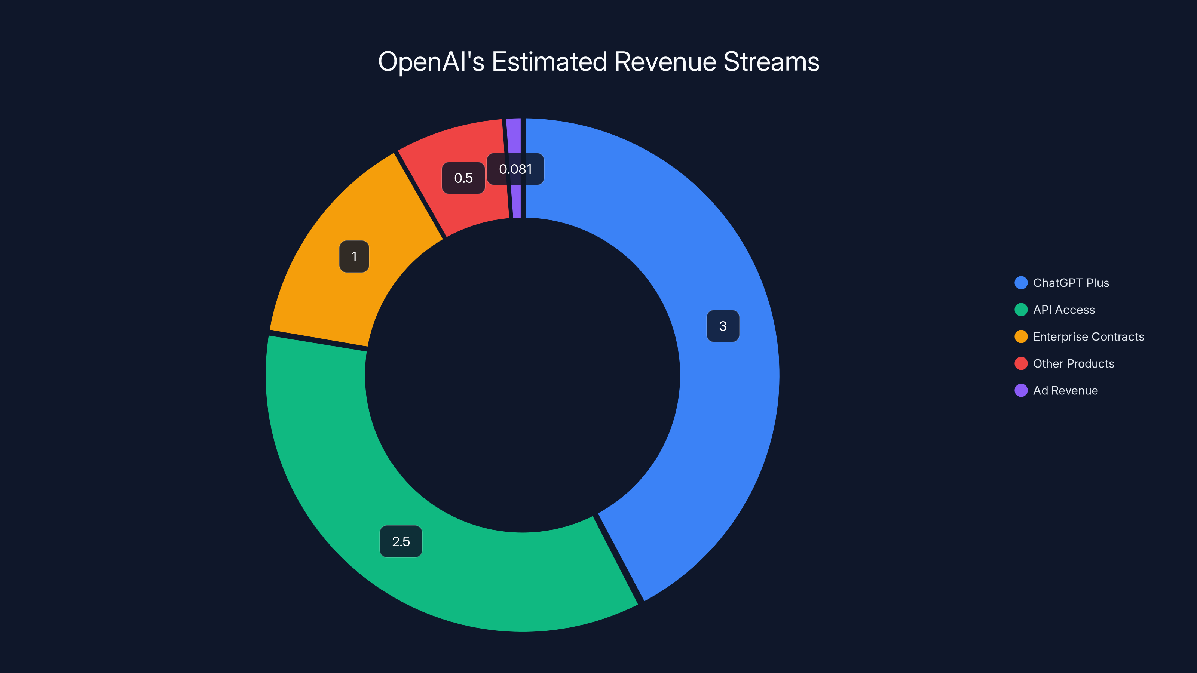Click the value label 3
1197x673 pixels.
pyautogui.click(x=723, y=326)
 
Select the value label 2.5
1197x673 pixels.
pyautogui.click(x=401, y=541)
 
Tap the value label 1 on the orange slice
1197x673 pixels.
pyautogui.click(x=354, y=256)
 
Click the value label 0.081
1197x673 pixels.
pyautogui.click(x=515, y=169)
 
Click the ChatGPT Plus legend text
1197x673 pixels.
pyautogui.click(x=1071, y=283)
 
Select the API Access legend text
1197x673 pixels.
pyautogui.click(x=1063, y=310)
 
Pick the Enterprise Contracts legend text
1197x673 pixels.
pyautogui.click(x=1088, y=337)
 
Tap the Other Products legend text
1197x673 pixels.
pyautogui.click(x=1074, y=364)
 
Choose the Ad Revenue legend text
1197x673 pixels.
pyautogui.click(x=1065, y=391)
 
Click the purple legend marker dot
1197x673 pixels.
pyautogui.click(x=1021, y=391)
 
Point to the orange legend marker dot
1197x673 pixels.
pyautogui.click(x=1021, y=337)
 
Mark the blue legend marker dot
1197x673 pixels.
pyautogui.click(x=1021, y=283)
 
